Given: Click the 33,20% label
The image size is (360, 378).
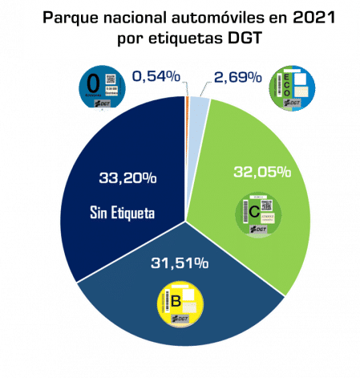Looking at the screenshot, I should (125, 178).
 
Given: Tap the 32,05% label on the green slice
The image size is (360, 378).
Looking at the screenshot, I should (261, 172).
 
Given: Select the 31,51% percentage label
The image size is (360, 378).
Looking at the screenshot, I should (180, 262).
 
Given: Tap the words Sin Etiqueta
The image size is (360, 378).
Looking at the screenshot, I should (122, 213).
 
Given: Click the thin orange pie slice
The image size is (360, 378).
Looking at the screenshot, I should (187, 101).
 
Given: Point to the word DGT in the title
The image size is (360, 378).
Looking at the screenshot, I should (238, 39).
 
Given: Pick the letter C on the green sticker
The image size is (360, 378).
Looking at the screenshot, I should (253, 212).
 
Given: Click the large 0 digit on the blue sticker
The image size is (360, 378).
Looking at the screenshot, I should (93, 83).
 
